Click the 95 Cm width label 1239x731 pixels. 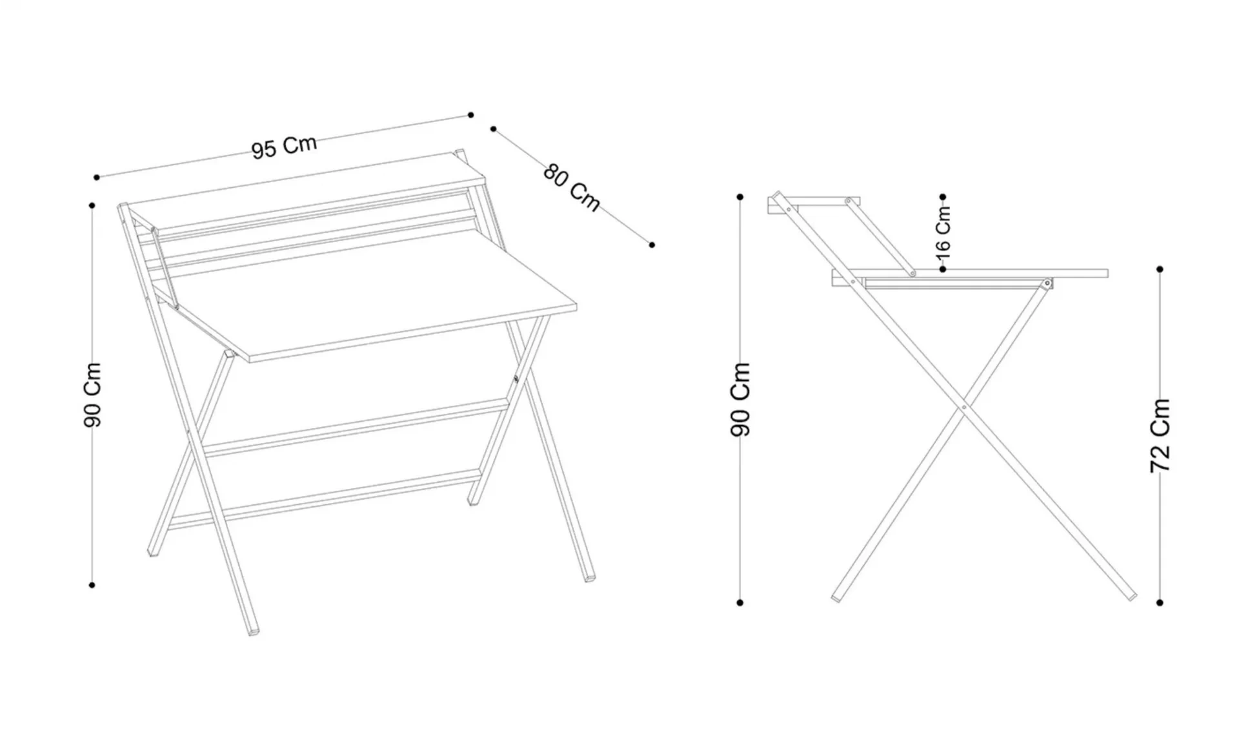[x=284, y=147]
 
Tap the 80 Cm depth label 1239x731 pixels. [x=572, y=187]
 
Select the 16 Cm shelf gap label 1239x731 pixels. [x=943, y=229]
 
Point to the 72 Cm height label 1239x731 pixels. [x=1160, y=435]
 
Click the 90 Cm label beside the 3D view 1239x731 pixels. [x=93, y=395]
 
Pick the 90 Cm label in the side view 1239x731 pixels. [x=740, y=399]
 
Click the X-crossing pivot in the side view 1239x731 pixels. [x=963, y=407]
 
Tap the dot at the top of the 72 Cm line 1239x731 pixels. [x=1160, y=269]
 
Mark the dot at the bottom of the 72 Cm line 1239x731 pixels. [x=1160, y=602]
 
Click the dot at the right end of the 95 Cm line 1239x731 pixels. [x=471, y=115]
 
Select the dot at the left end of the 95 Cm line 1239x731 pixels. [x=97, y=177]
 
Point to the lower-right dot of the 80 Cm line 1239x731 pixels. [x=652, y=245]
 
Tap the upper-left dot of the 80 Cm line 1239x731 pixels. [x=493, y=129]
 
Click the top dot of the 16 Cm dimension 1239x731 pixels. [x=943, y=197]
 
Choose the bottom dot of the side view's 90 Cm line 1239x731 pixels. [x=740, y=602]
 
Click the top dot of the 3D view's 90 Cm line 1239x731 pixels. [x=92, y=205]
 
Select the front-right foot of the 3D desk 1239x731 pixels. [x=590, y=577]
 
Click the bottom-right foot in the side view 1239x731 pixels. [x=1132, y=597]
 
